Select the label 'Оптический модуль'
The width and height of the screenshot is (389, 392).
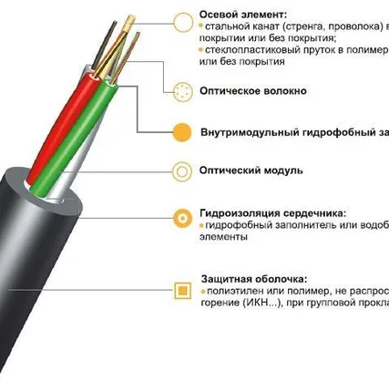pyautogui.click(x=252, y=170)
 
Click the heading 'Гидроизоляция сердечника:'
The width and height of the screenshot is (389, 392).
pyautogui.click(x=272, y=211)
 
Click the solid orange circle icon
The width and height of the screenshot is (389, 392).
pyautogui.click(x=183, y=131)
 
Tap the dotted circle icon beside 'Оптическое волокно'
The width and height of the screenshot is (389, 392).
pyautogui.click(x=183, y=91)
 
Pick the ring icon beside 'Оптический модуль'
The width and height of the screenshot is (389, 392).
pyautogui.click(x=183, y=170)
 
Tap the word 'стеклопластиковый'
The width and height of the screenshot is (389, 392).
pyautogui.click(x=248, y=51)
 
